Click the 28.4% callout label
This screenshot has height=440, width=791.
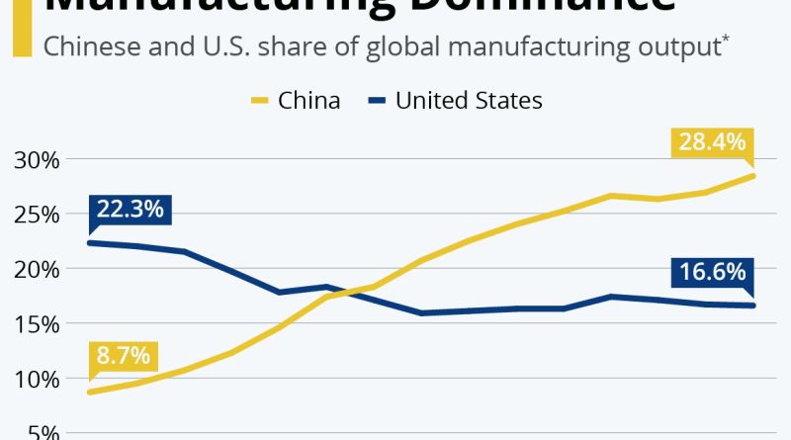coord(712,143)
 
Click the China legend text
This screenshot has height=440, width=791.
coord(309,100)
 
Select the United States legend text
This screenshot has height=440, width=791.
coord(469,100)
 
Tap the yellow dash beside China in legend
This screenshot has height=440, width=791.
coord(259,101)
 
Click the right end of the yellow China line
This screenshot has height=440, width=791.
coord(753,176)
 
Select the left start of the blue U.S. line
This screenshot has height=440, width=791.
coord(90,242)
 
